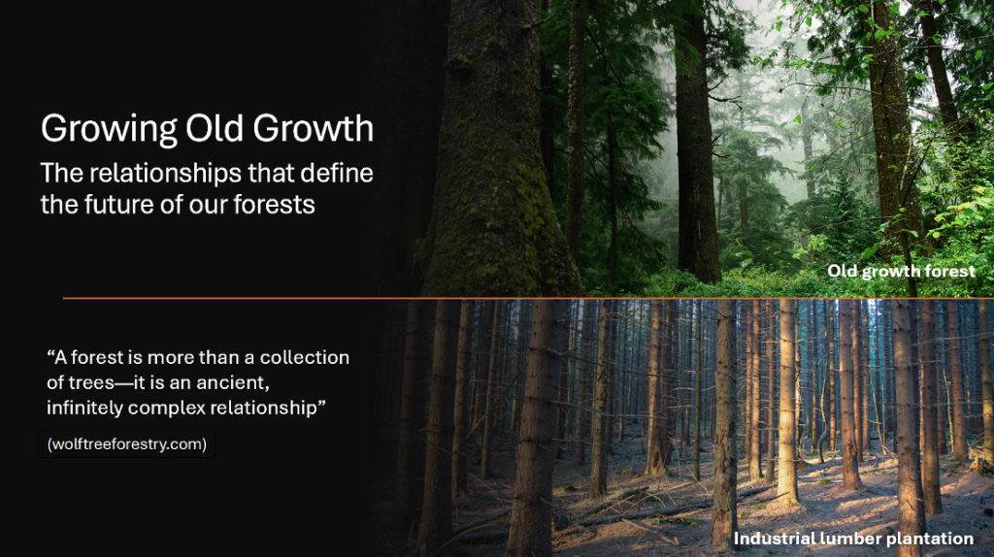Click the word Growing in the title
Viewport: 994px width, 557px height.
109,129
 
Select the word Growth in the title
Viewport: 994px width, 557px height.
314,128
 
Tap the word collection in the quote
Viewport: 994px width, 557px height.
304,357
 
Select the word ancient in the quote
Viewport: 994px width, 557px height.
233,382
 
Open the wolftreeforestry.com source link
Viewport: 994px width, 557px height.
127,444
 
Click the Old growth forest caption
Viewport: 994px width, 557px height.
901,272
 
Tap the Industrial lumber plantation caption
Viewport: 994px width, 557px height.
853,539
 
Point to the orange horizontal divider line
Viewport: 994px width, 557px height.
528,298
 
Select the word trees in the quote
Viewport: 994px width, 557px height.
91,382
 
